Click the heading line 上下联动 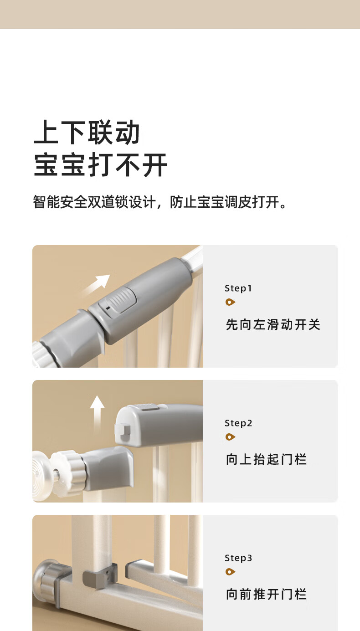click(x=87, y=132)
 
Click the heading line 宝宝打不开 click(x=101, y=164)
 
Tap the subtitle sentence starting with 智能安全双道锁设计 click(x=159, y=202)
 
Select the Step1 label click(x=238, y=288)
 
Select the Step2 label click(x=238, y=423)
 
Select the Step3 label click(x=238, y=558)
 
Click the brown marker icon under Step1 click(x=230, y=302)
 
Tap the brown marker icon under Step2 click(x=230, y=437)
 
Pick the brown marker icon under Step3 click(x=230, y=572)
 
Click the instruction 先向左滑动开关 click(x=273, y=324)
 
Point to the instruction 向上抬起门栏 click(x=266, y=459)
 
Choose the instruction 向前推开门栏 click(x=266, y=595)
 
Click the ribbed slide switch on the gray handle click(x=118, y=302)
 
